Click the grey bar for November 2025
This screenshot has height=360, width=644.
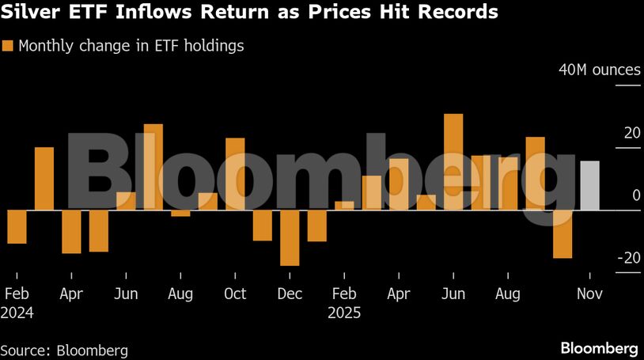pos(590,186)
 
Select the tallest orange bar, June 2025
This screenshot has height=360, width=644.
pos(453,161)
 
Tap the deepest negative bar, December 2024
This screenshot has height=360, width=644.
pos(290,237)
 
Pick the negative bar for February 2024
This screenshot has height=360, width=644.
pos(17,226)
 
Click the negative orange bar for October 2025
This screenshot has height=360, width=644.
pos(563,233)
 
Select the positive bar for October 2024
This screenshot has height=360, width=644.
pos(235,174)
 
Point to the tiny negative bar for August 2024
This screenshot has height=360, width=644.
pos(180,213)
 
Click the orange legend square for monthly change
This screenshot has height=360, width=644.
pos(8,46)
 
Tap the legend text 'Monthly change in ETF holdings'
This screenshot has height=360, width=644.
pos(131,46)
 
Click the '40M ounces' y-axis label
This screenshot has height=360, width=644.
pos(600,70)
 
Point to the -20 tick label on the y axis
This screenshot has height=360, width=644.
pos(627,258)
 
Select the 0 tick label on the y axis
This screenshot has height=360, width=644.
pos(636,195)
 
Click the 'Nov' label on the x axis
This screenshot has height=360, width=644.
pos(589,294)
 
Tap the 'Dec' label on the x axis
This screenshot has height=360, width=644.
pos(290,294)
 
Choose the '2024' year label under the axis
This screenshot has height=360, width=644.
pos(17,313)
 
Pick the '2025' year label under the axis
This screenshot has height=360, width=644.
pos(344,313)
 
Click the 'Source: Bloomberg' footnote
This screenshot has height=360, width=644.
pos(64,350)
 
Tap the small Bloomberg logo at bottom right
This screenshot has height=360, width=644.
pos(599,348)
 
